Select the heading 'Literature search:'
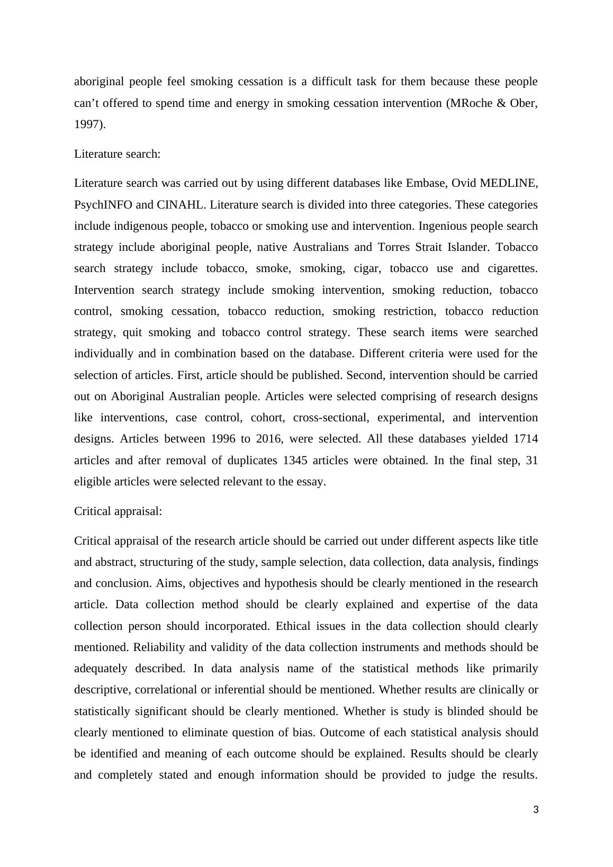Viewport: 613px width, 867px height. click(117, 154)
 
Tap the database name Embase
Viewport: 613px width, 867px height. click(425, 183)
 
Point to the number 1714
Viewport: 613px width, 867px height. click(526, 439)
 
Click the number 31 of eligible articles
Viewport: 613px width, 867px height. click(532, 460)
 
